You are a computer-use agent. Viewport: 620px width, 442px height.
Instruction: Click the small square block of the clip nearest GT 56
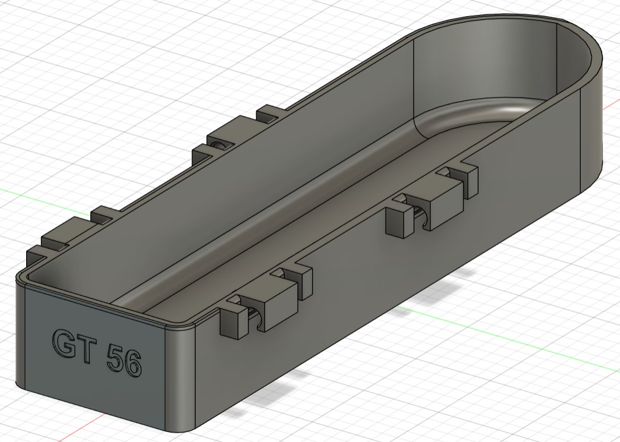coord(232,324)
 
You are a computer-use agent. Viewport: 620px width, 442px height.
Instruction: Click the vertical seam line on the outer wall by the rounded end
coord(580,143)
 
